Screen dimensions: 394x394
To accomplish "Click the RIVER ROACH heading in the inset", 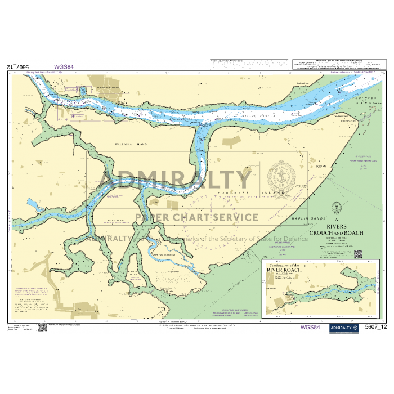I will (x=284, y=270).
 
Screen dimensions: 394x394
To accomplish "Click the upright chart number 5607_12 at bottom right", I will (x=376, y=327).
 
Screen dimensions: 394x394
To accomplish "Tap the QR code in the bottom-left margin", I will (x=42, y=326).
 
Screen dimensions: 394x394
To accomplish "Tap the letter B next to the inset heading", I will (x=305, y=265).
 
